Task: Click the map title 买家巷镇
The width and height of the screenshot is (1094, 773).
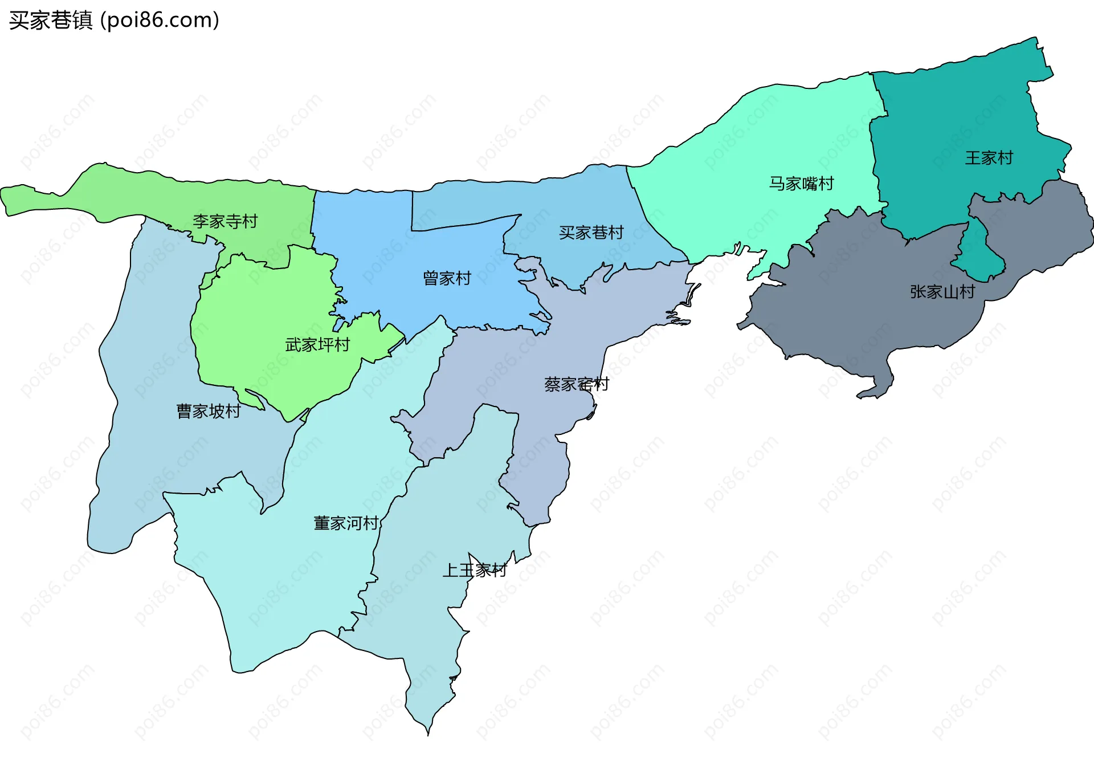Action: tap(50, 21)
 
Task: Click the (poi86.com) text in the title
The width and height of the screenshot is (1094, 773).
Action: tap(160, 21)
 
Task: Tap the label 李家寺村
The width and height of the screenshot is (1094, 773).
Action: tap(225, 221)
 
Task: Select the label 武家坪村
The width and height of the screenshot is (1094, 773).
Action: tap(317, 345)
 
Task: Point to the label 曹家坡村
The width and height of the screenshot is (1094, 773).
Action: tap(209, 411)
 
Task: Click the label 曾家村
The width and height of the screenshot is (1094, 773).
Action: tap(447, 278)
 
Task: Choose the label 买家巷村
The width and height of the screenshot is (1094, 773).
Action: tap(591, 233)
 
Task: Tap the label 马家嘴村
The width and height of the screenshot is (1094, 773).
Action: tap(801, 184)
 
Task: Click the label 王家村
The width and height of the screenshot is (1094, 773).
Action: tap(989, 158)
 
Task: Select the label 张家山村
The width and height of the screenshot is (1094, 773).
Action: tap(942, 292)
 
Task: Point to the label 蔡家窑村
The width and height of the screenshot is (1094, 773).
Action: tap(576, 384)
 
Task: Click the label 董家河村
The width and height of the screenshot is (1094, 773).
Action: tap(346, 523)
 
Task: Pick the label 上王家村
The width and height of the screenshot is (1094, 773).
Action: tap(475, 570)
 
